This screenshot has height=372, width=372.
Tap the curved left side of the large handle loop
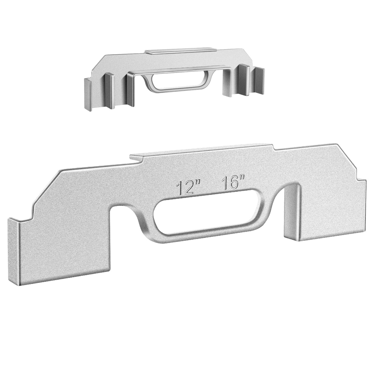point(145,223)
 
